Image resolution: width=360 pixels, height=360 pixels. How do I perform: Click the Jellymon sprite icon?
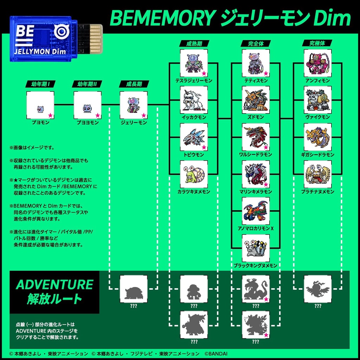(x=134, y=105)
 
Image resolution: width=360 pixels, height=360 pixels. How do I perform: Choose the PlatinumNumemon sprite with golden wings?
(x=317, y=174)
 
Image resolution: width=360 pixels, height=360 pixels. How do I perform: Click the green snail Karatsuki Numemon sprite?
(x=194, y=174)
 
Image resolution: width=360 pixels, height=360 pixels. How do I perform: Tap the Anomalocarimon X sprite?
(x=256, y=211)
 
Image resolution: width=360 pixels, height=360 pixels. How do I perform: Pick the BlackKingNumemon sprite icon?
(x=256, y=248)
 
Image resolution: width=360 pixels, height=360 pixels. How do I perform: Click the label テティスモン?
(x=256, y=81)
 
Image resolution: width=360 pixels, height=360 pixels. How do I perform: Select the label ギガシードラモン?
(x=318, y=155)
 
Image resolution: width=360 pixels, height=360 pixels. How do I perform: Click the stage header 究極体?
(x=317, y=43)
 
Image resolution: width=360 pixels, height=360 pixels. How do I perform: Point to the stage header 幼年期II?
(x=87, y=84)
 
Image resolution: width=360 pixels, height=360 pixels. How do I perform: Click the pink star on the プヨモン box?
(x=50, y=115)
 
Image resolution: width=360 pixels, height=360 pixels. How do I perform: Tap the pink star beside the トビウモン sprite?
(x=204, y=147)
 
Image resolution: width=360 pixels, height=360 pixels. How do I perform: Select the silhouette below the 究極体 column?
(x=317, y=289)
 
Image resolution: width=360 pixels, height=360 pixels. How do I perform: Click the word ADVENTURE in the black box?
(x=54, y=284)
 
